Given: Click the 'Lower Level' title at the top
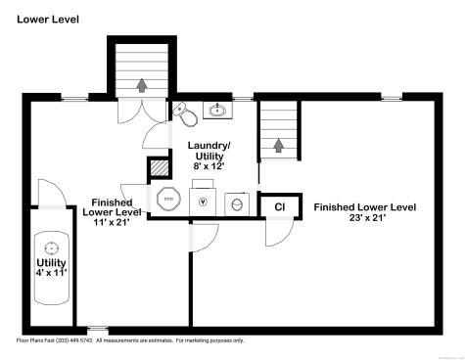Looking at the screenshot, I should [48, 19].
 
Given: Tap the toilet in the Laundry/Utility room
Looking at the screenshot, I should [189, 116].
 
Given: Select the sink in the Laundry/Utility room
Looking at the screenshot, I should [217, 110].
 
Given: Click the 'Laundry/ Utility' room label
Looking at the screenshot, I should [209, 151].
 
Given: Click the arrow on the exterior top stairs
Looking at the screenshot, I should [143, 85].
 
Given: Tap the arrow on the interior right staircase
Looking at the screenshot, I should [279, 146].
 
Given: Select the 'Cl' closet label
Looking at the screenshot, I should [279, 206].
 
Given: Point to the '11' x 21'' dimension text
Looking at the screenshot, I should [111, 223].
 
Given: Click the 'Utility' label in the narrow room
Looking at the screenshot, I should [51, 263].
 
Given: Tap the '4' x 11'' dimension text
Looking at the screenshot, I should [51, 274].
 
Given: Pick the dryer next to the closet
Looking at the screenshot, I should [237, 203].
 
